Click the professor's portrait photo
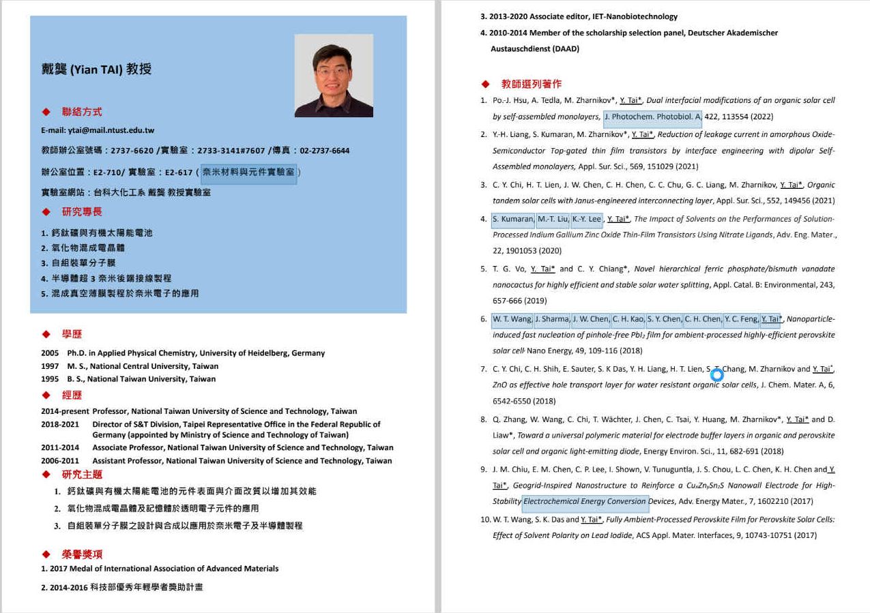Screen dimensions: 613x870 (x=334, y=76)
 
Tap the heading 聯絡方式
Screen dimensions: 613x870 (x=82, y=112)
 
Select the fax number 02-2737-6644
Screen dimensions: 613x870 (x=324, y=151)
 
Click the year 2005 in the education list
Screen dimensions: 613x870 (x=50, y=353)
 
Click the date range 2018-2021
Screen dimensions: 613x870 (x=60, y=424)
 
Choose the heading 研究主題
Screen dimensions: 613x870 (x=82, y=475)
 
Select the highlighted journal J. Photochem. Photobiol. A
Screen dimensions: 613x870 (x=652, y=117)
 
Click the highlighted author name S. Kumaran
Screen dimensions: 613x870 (x=512, y=219)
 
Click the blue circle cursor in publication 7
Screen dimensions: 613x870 (x=716, y=374)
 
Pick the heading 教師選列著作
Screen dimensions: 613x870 (x=532, y=84)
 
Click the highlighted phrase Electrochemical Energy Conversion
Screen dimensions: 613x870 (x=585, y=501)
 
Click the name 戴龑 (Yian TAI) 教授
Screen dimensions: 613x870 (x=96, y=70)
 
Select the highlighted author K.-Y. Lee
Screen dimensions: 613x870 (x=587, y=219)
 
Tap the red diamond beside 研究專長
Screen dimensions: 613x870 (x=46, y=212)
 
